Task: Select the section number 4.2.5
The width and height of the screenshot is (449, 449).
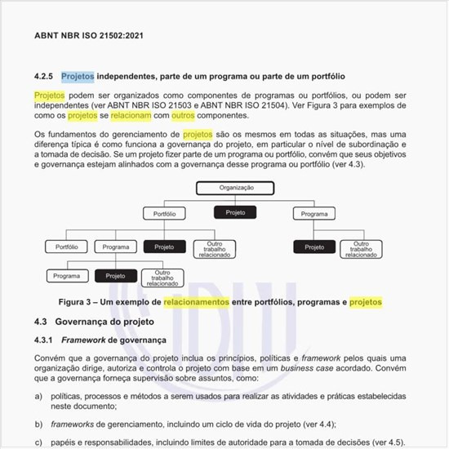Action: click(43, 77)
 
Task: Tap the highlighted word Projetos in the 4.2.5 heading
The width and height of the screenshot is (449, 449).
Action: click(78, 77)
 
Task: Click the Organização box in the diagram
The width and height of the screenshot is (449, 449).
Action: click(236, 188)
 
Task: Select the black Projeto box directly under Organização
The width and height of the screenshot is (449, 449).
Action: click(235, 212)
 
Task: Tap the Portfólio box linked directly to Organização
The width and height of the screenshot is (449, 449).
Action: click(164, 213)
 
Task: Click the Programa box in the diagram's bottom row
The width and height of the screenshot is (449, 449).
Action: click(67, 276)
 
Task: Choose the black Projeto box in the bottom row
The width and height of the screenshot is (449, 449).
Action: click(115, 276)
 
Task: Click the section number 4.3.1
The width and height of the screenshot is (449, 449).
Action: click(43, 339)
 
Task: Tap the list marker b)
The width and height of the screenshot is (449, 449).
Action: click(38, 424)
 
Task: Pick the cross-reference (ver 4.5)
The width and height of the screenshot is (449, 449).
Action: click(385, 442)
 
